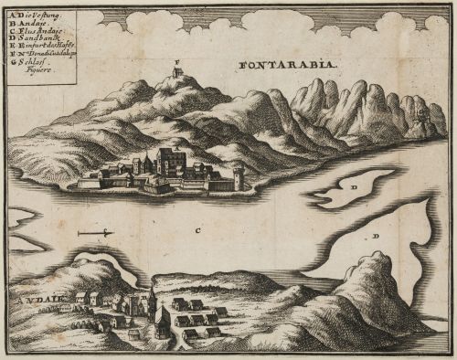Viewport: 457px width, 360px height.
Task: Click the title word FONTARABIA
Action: coord(286,65)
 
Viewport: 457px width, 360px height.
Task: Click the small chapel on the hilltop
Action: coord(177,72)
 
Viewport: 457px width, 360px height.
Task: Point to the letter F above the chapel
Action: coord(177,61)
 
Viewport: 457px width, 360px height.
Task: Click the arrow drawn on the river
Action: coord(95,235)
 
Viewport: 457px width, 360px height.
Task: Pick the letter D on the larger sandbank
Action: coord(376,236)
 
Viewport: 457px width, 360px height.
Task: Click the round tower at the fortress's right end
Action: coord(239,176)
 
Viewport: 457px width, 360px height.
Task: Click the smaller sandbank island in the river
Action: coord(351,186)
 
